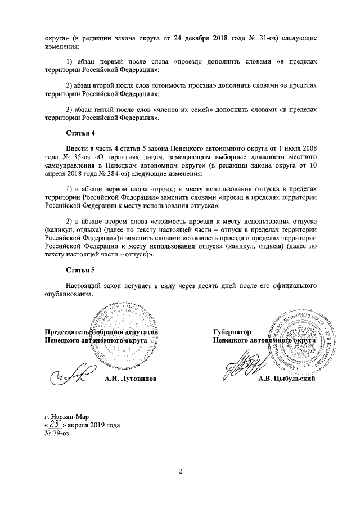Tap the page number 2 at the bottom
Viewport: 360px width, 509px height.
pyautogui.click(x=179, y=471)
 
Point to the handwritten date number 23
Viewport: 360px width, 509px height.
pyautogui.click(x=55, y=424)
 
